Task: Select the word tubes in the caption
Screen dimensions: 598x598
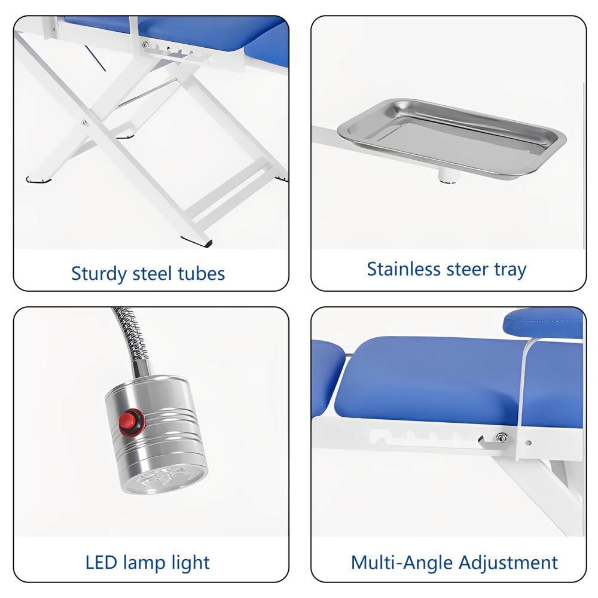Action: [202, 274]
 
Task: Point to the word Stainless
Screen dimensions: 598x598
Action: [404, 269]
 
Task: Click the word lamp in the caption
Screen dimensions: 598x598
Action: [145, 563]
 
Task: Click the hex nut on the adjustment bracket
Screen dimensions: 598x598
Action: [501, 438]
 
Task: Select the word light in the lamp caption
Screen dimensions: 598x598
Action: [190, 563]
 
